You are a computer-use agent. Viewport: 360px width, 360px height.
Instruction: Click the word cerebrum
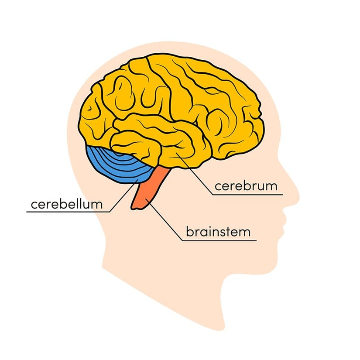point(246,186)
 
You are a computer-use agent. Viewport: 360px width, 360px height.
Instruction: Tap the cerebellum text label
point(67,204)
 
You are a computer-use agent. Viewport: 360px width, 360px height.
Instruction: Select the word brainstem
point(218,232)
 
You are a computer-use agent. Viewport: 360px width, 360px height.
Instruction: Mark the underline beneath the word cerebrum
point(248,195)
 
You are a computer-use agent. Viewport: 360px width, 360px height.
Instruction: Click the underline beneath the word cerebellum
point(68,212)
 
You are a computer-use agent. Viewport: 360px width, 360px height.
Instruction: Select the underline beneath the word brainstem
point(219,240)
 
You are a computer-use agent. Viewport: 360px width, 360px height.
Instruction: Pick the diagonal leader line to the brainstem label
point(165,220)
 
